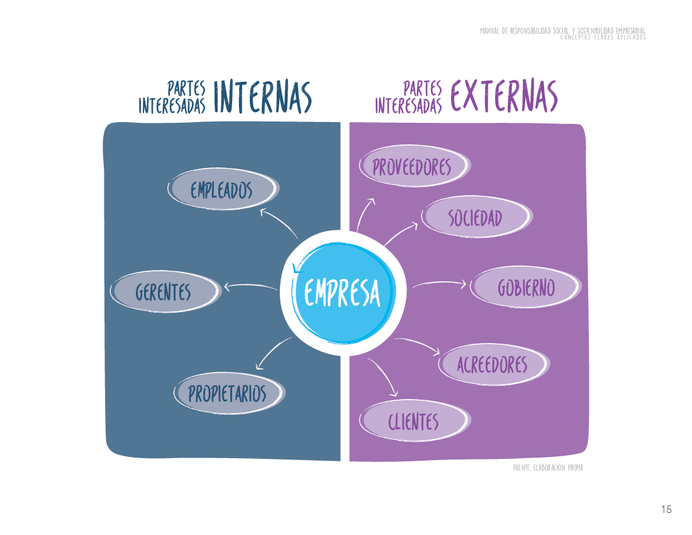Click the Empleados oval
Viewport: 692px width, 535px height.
pos(222,189)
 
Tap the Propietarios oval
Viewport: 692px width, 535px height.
pos(228,394)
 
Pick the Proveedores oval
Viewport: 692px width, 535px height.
pos(413,167)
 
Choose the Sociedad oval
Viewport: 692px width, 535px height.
pos(476,218)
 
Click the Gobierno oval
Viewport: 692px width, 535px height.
pos(526,288)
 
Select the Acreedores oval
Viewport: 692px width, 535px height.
pos(492,364)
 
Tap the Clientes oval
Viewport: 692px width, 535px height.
pos(413,421)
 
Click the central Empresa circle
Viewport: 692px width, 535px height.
pos(342,292)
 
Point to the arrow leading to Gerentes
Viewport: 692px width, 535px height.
pos(250,287)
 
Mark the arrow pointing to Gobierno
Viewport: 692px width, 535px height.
pos(439,284)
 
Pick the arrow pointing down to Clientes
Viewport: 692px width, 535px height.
pos(384,376)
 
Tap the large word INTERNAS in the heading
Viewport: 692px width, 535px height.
pos(262,96)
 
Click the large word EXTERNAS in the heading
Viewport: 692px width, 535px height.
pos(503,96)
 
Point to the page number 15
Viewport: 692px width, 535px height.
pos(666,509)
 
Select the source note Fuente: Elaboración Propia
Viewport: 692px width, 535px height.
pos(548,468)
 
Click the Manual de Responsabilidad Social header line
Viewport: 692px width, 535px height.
pos(562,30)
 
